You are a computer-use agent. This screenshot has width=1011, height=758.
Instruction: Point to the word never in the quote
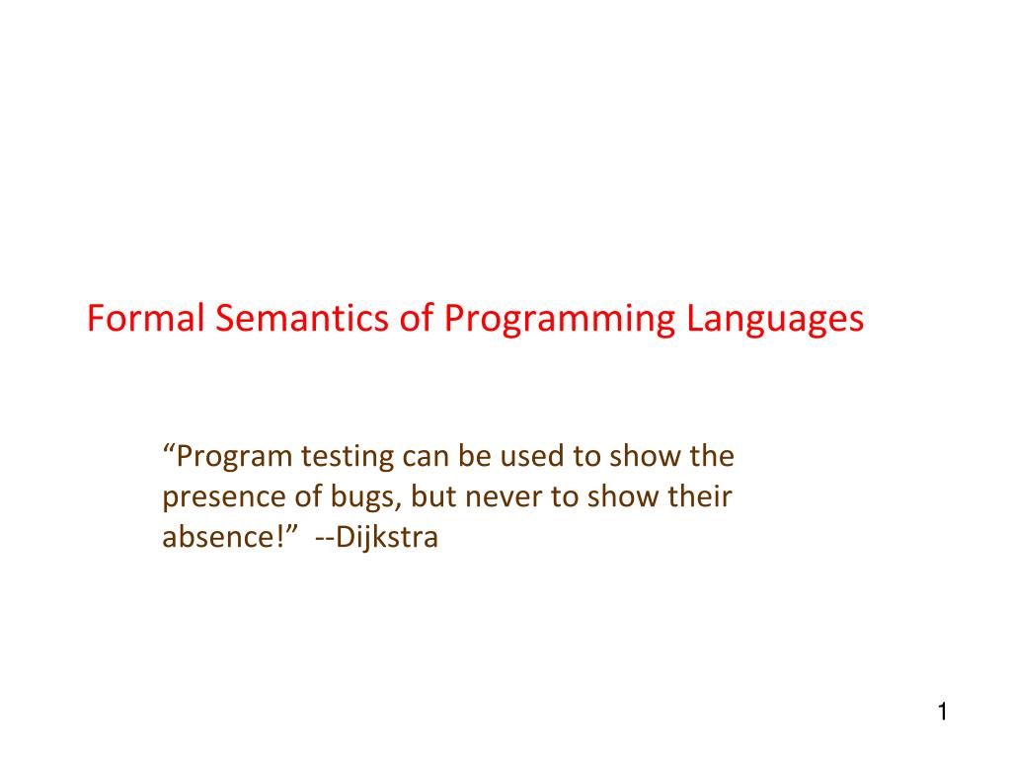point(498,498)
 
